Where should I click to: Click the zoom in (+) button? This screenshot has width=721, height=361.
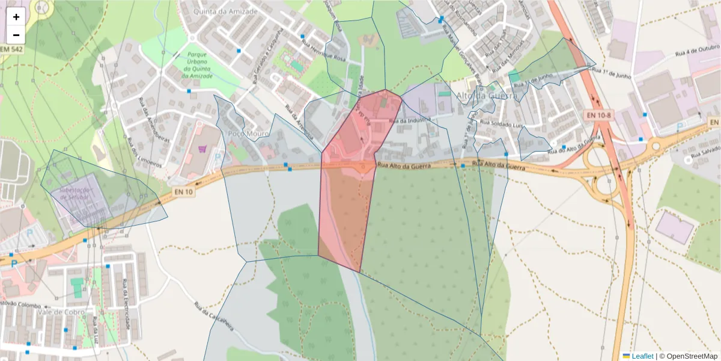click(x=16, y=17)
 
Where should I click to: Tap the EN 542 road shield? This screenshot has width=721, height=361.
click(x=11, y=49)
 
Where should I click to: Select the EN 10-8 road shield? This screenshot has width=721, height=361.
click(x=597, y=115)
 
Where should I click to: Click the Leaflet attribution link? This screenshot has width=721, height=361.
click(x=642, y=356)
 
